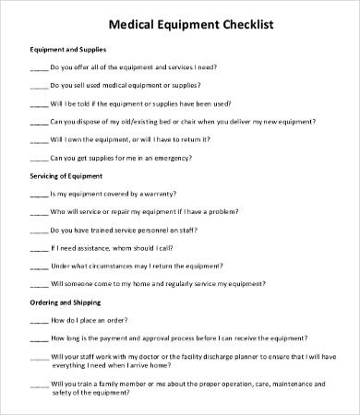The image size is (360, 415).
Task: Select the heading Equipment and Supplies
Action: (68, 49)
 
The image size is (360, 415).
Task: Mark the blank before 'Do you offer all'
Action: (39, 68)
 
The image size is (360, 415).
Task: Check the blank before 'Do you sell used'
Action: (39, 85)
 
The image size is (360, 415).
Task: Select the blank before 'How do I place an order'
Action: (39, 321)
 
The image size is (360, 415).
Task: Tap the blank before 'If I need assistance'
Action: (39, 249)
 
